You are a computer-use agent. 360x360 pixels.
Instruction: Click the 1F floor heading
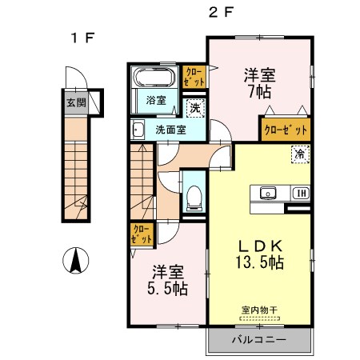point(77,37)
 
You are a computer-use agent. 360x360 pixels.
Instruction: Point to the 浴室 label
point(156,100)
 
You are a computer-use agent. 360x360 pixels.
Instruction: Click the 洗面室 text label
point(171,128)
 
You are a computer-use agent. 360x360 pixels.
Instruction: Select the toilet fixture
point(194,196)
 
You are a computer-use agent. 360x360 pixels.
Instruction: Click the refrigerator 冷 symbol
point(298,154)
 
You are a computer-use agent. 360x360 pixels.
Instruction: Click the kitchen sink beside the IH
point(268,193)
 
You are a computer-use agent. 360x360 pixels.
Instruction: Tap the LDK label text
point(258,245)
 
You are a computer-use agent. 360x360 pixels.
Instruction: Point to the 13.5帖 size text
point(258,262)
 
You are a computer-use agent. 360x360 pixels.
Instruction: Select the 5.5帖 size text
point(167,288)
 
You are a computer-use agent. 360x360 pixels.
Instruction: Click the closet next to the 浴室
point(194,77)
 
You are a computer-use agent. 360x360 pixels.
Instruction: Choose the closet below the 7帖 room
point(285,128)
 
